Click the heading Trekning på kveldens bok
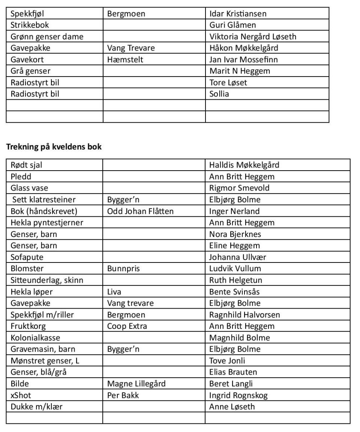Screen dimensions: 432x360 (x=54, y=147)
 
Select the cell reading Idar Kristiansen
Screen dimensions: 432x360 (x=238, y=14)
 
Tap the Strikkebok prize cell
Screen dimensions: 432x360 (x=30, y=25)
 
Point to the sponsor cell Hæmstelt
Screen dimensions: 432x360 (x=125, y=59)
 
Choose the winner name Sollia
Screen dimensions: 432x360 (x=219, y=94)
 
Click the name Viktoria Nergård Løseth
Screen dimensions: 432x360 (x=253, y=36)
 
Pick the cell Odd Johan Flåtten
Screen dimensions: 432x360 (x=140, y=211)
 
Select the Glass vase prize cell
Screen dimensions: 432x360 (x=29, y=188)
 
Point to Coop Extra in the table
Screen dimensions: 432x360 (x=127, y=326)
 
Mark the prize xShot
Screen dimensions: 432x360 (x=21, y=395)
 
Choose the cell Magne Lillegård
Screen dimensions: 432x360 (x=136, y=383)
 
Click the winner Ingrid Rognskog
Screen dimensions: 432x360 (x=238, y=395)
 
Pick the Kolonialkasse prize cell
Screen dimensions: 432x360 (x=35, y=337)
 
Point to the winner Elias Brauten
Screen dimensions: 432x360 (x=233, y=372)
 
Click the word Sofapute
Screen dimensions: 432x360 (x=27, y=257)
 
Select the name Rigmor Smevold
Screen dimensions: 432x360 (x=239, y=188)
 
